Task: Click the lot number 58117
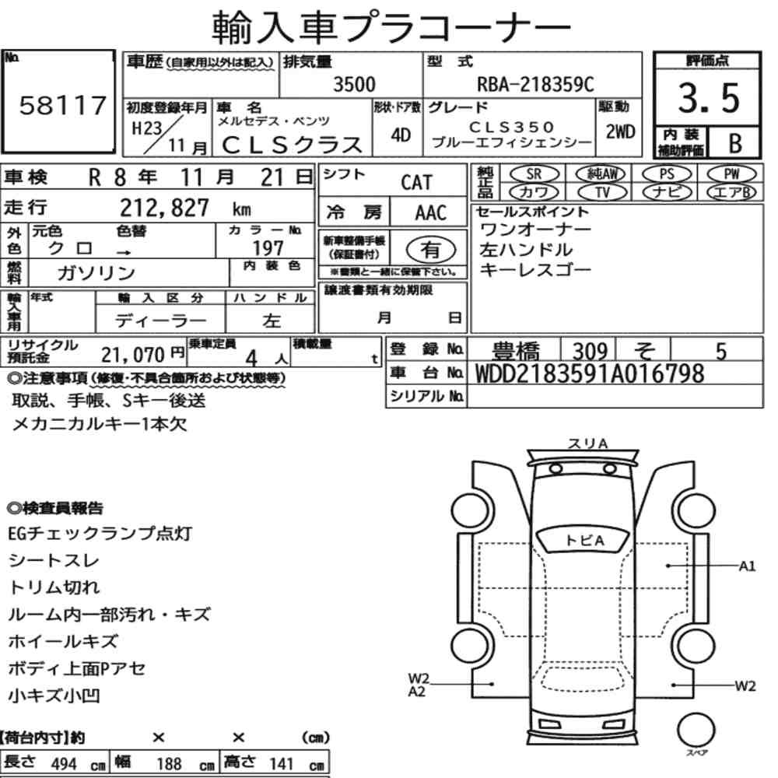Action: point(62,105)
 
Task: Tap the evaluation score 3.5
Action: point(708,98)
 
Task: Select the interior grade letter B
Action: point(735,143)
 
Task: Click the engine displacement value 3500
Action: point(354,84)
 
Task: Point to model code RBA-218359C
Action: point(535,84)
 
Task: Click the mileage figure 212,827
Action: point(164,208)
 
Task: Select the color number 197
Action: point(268,248)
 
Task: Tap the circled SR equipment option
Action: point(534,174)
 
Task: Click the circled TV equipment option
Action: point(602,192)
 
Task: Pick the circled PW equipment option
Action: point(731,174)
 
